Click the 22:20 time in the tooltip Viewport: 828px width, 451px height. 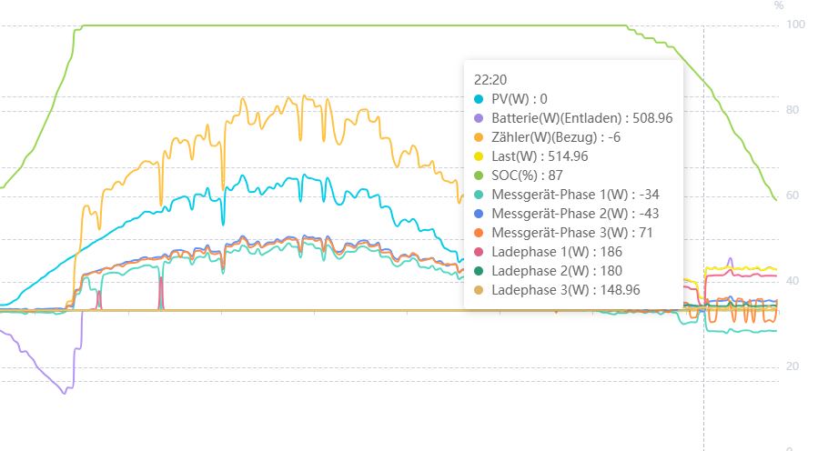click(x=489, y=79)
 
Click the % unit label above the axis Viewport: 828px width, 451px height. click(x=778, y=5)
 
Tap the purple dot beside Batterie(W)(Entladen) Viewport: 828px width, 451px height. click(x=479, y=117)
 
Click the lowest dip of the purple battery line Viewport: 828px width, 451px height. click(x=65, y=392)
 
